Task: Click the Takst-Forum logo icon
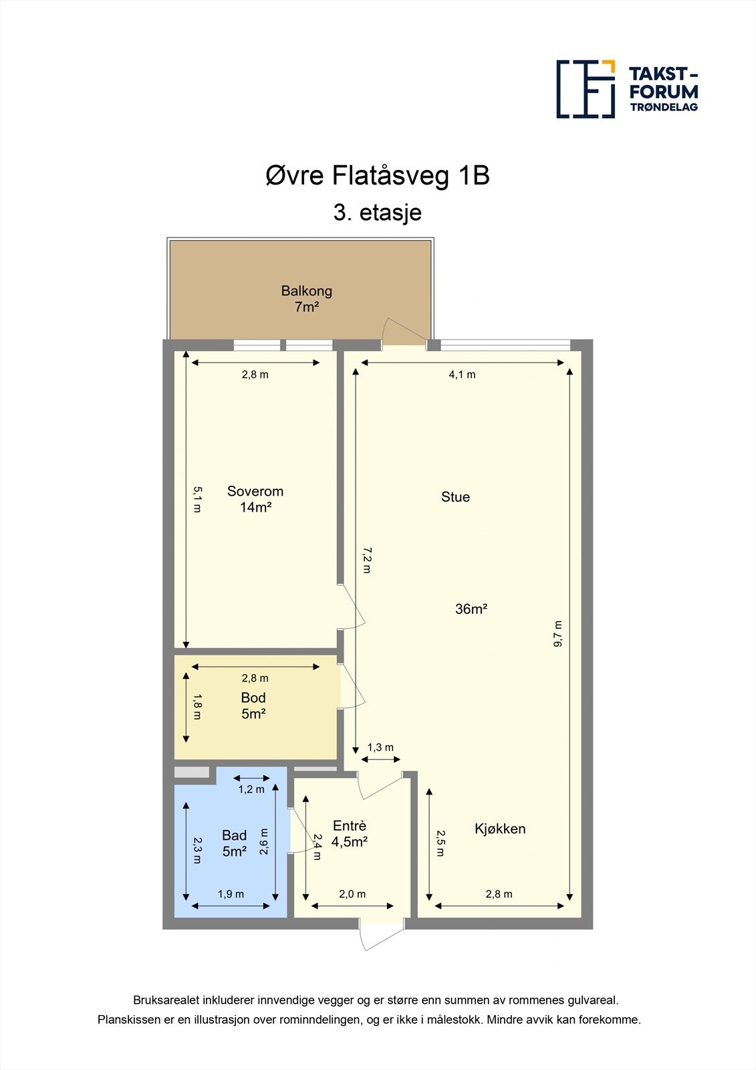(x=586, y=89)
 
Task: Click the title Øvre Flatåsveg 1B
(x=378, y=176)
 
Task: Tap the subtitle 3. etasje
(x=378, y=213)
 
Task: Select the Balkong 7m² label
(x=306, y=299)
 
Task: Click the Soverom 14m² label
(x=255, y=499)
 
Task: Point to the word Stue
(x=455, y=497)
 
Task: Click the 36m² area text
(x=471, y=609)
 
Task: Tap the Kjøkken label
(x=500, y=829)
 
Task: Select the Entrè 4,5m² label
(x=350, y=834)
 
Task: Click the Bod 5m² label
(x=253, y=706)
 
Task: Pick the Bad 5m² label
(x=234, y=843)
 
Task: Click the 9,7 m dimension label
(x=558, y=633)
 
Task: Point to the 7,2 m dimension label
(x=366, y=560)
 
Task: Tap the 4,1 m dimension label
(x=462, y=374)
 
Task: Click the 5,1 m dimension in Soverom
(x=197, y=499)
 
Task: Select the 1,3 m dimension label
(x=380, y=748)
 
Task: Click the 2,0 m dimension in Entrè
(x=352, y=894)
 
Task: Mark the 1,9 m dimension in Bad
(x=231, y=894)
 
